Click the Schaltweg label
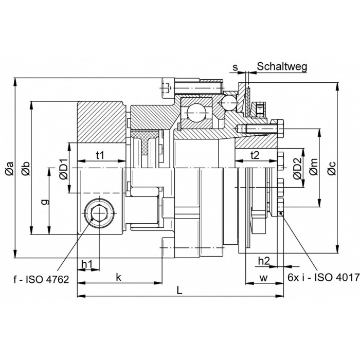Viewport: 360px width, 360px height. (282, 67)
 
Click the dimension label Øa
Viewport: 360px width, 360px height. (10, 168)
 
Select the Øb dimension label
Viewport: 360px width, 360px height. (26, 168)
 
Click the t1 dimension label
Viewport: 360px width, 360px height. (100, 155)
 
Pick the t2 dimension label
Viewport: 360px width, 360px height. (255, 155)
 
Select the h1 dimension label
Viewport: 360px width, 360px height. (87, 264)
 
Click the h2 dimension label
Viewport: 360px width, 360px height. (264, 261)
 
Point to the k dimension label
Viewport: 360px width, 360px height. (118, 277)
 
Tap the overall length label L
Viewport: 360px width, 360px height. (179, 291)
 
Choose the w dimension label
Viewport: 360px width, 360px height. (263, 278)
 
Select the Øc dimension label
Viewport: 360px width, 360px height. (332, 169)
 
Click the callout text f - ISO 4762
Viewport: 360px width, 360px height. (41, 279)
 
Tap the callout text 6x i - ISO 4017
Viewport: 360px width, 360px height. (323, 278)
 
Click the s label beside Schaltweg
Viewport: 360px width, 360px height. (235, 67)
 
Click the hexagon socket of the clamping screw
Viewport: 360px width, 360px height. (99, 213)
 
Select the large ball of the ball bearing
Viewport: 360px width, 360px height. (196, 113)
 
